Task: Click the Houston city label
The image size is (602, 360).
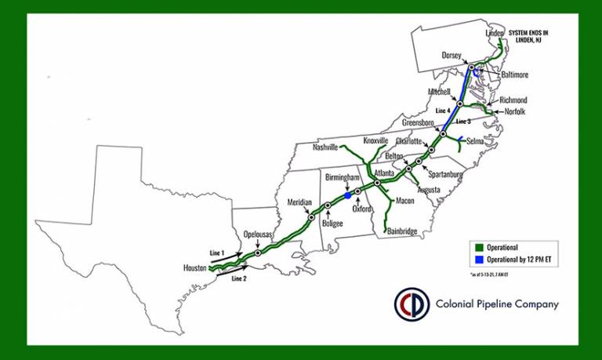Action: (195, 267)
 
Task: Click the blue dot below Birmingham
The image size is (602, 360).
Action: (347, 196)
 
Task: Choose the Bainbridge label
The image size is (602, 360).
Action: (402, 231)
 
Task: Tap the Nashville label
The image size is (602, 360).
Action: (325, 147)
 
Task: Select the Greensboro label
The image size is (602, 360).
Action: (418, 123)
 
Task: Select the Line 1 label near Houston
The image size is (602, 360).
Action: (217, 253)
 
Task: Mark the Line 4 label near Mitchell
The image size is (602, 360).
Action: (444, 111)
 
